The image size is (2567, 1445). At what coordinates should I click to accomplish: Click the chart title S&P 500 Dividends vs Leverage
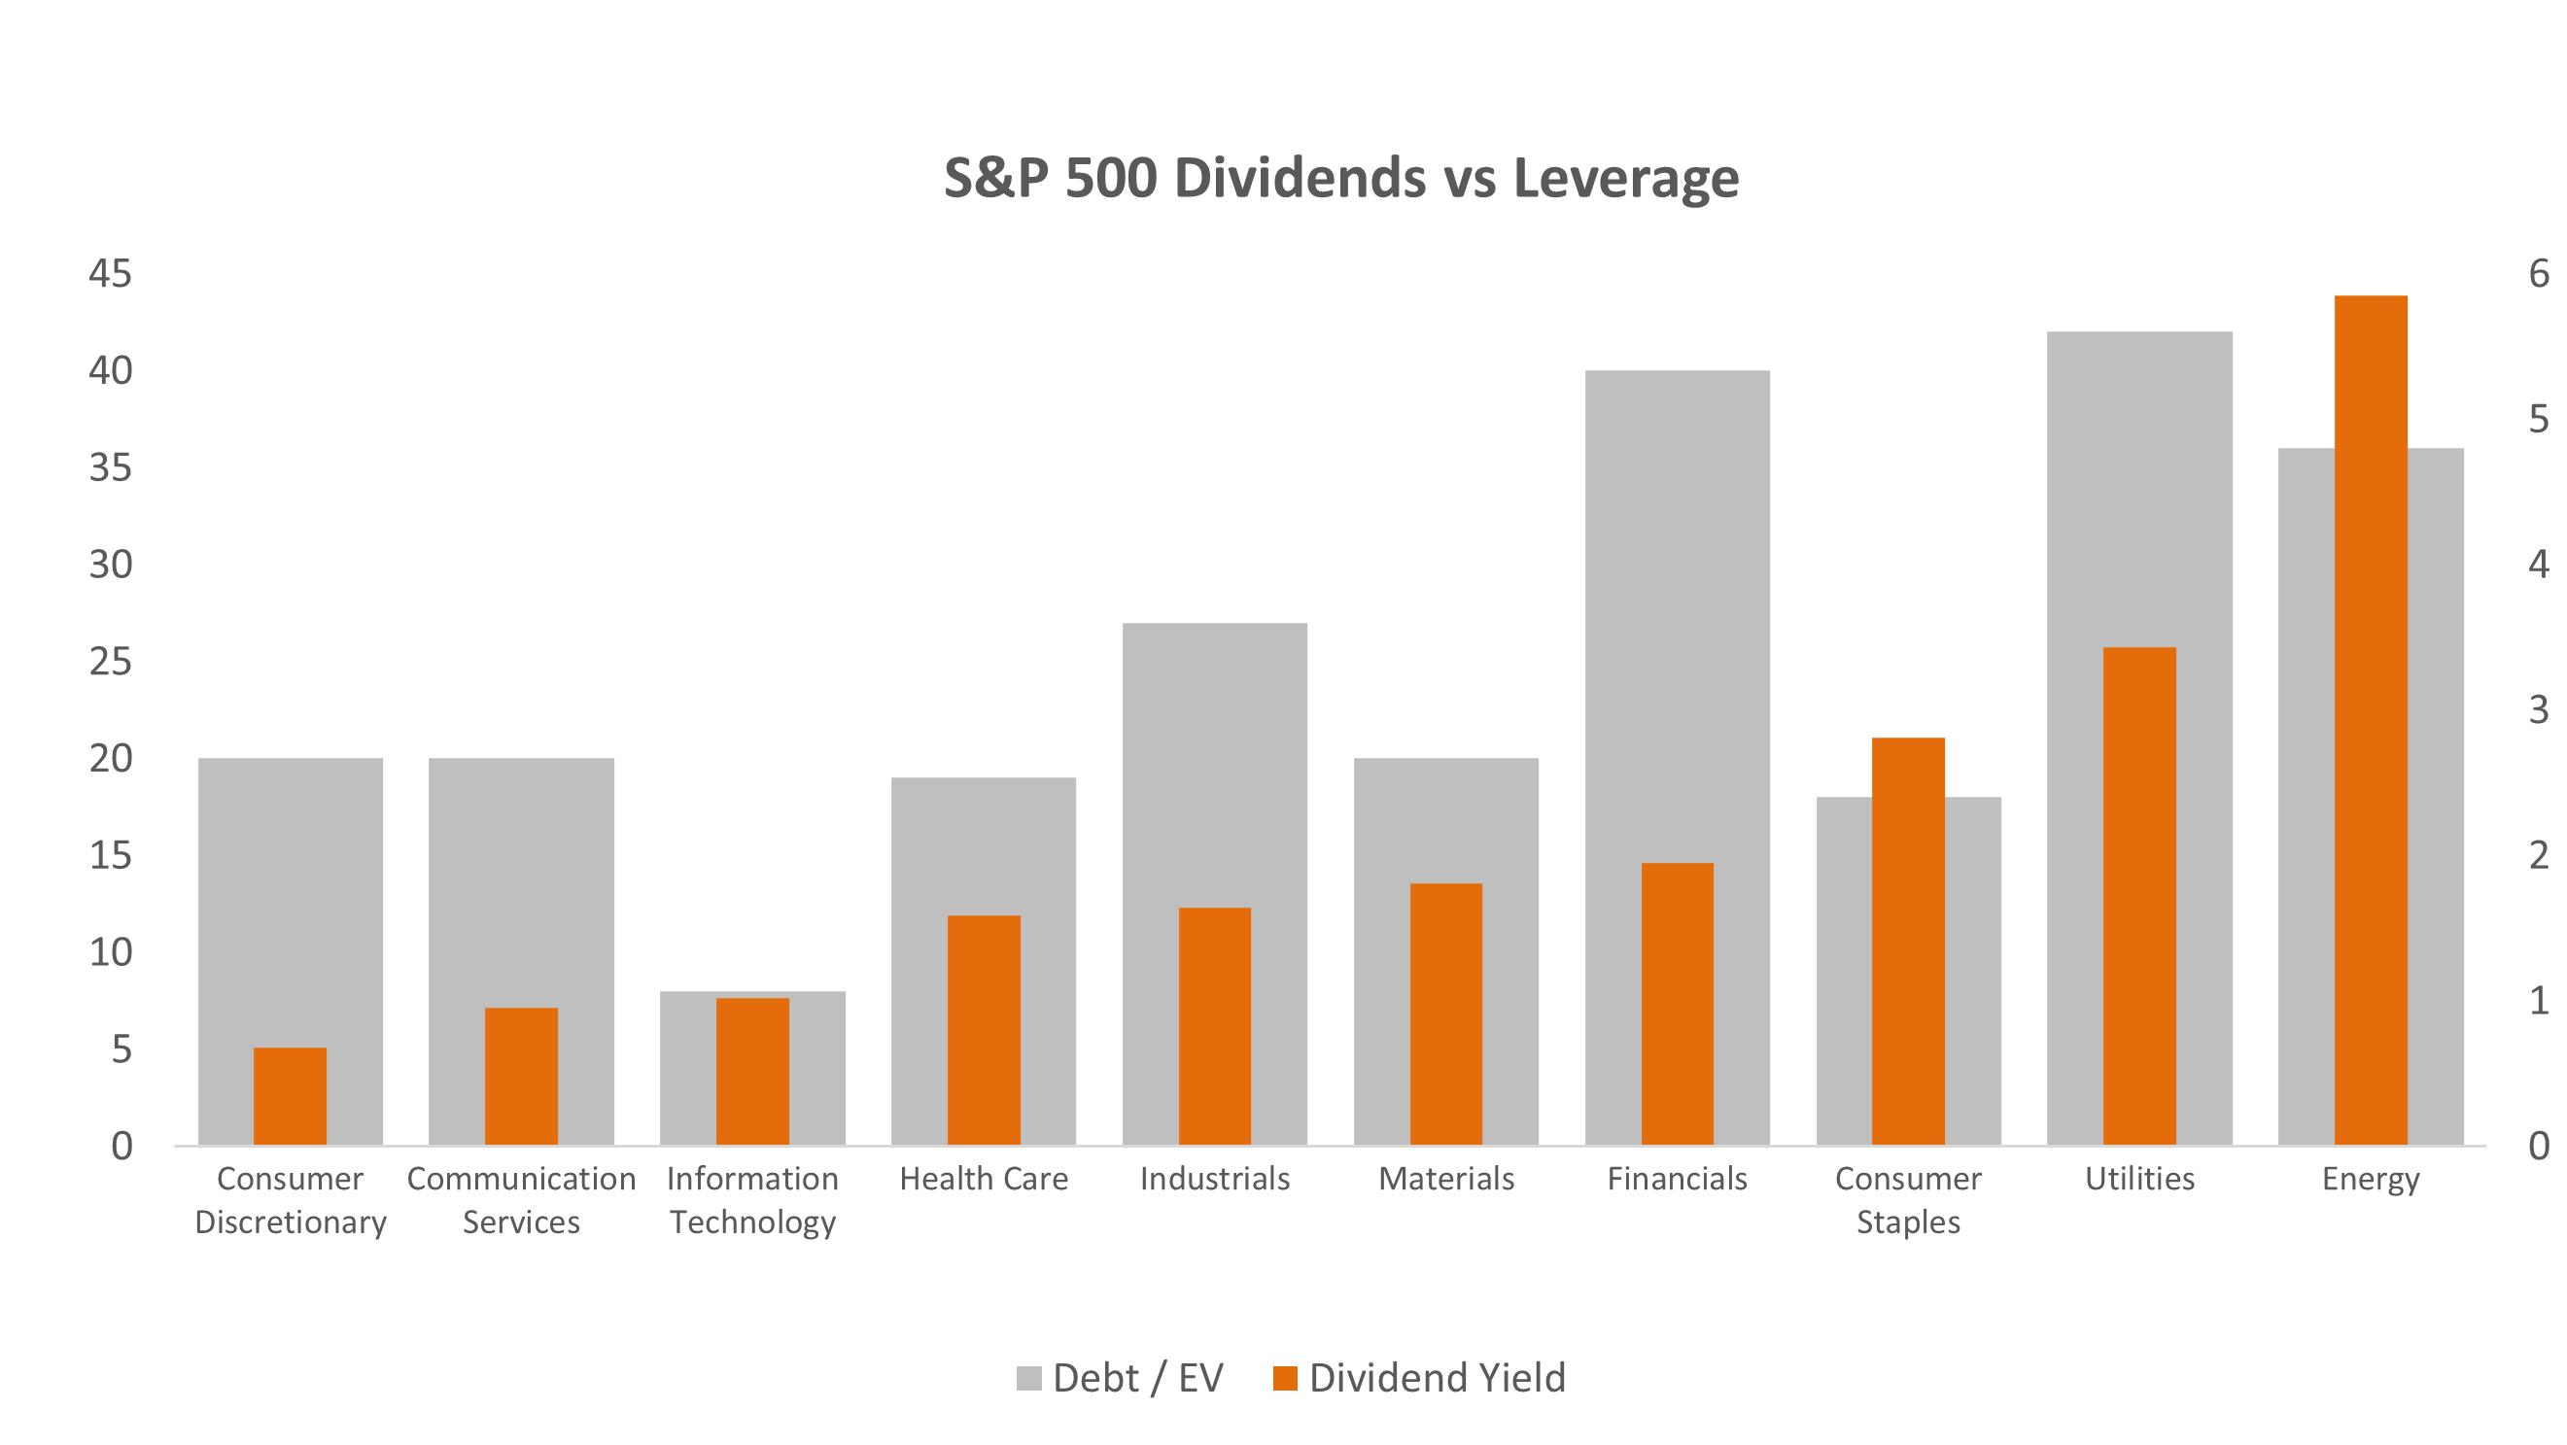(x=1340, y=179)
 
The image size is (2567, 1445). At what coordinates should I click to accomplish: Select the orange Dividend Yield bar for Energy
(x=2371, y=717)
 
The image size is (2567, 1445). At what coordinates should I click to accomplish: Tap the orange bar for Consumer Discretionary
(x=290, y=1095)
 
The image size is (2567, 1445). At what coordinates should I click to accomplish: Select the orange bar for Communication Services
(x=521, y=1076)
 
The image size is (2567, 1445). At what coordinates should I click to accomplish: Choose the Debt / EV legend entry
(x=1120, y=1378)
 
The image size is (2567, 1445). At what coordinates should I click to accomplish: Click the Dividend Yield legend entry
(x=1420, y=1378)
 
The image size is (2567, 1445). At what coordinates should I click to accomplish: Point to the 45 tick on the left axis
(x=110, y=274)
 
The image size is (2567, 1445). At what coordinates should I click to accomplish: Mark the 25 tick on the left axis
(x=110, y=662)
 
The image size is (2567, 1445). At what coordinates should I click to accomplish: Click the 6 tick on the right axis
(x=2538, y=274)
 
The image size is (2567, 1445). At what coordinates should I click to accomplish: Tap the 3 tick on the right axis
(x=2538, y=709)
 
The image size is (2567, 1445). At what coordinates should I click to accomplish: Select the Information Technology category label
(x=752, y=1200)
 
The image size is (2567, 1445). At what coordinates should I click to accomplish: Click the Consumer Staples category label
(x=1908, y=1200)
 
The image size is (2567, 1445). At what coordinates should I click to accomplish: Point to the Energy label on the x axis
(x=2371, y=1180)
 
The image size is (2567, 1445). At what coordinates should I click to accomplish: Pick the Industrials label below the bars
(x=1215, y=1179)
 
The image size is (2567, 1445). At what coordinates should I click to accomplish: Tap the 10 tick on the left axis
(x=110, y=952)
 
